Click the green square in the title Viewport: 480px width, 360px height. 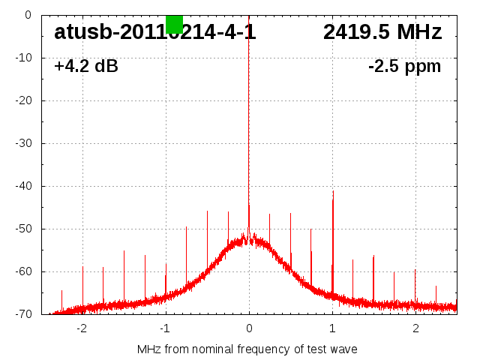[174, 24]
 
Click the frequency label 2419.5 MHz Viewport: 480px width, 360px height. [382, 32]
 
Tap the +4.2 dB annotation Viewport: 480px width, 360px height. [86, 67]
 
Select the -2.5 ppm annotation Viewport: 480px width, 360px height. [404, 67]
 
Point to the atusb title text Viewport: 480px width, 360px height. [154, 32]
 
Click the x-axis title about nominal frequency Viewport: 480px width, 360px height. [247, 349]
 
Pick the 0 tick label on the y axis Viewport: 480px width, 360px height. [27, 15]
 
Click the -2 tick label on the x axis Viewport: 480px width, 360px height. [82, 328]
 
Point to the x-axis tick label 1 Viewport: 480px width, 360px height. [332, 328]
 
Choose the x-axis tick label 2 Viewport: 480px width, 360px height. [415, 328]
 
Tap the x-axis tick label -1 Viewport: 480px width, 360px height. [165, 328]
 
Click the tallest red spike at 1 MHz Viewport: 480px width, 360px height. [333, 225]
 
